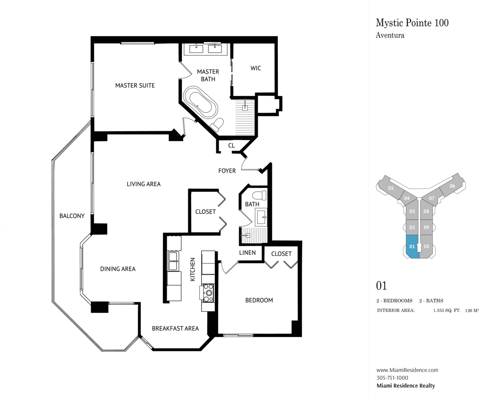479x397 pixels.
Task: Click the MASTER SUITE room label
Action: (135, 86)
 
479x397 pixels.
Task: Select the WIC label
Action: (256, 68)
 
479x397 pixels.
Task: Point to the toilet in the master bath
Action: (217, 125)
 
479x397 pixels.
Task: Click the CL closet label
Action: (232, 146)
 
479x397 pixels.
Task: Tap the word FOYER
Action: (227, 171)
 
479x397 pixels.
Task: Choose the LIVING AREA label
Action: (144, 184)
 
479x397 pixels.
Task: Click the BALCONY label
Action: (72, 216)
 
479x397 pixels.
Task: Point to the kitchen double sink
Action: (173, 261)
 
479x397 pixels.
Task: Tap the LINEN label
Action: (247, 253)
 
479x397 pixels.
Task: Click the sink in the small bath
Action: (261, 217)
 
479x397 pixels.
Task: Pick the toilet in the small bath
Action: (260, 195)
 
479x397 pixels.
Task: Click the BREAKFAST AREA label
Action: (175, 328)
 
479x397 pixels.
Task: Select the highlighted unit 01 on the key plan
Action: (412, 246)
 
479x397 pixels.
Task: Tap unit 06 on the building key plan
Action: (452, 186)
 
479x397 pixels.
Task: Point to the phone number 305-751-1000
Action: (392, 378)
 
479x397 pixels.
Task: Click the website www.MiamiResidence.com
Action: (407, 370)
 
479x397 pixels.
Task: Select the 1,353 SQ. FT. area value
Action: (447, 311)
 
